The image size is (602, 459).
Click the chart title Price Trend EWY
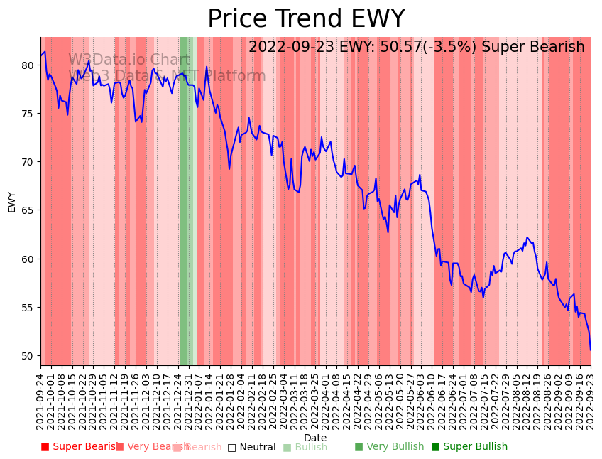(x=306, y=19)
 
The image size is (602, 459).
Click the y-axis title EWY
(x=12, y=202)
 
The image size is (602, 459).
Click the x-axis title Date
(x=315, y=438)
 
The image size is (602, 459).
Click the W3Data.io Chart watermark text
(x=129, y=60)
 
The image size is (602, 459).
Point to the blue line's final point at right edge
(x=590, y=349)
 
